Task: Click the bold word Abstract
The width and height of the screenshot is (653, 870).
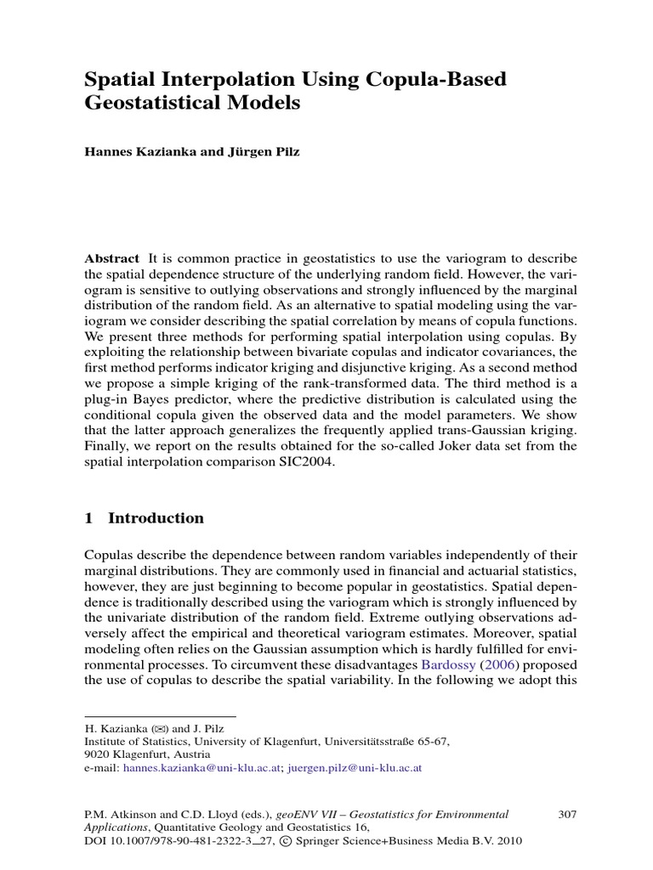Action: pos(112,259)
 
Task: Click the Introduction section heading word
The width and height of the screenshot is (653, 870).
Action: pos(156,518)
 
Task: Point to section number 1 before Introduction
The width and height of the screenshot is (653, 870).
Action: pos(89,518)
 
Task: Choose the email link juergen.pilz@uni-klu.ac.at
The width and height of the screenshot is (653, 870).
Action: pos(355,767)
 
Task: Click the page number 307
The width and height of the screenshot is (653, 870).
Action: pos(567,814)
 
